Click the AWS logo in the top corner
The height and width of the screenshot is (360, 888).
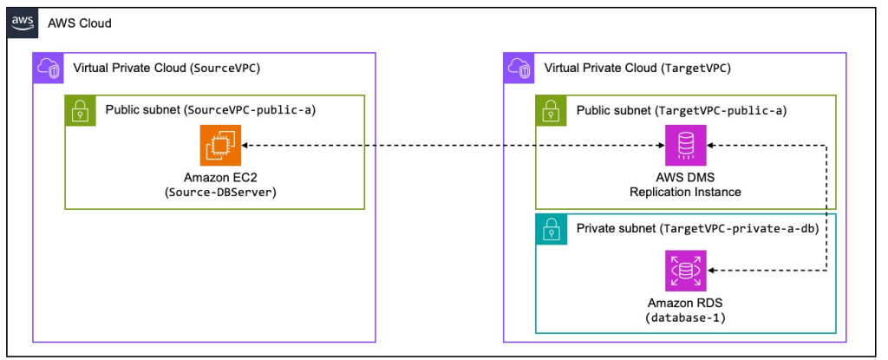tap(23, 23)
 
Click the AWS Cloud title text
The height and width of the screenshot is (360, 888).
tap(80, 23)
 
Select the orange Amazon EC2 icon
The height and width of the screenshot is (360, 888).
tap(220, 145)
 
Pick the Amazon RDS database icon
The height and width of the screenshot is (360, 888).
tap(685, 271)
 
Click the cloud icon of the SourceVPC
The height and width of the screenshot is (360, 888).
tap(48, 68)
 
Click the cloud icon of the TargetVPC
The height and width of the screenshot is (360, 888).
tap(518, 68)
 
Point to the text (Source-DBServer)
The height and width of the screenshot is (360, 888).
tap(220, 193)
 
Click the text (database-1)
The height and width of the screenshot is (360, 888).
tap(685, 318)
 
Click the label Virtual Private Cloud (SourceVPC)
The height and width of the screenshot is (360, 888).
tap(167, 68)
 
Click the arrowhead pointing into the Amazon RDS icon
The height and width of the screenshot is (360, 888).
tap(713, 271)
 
